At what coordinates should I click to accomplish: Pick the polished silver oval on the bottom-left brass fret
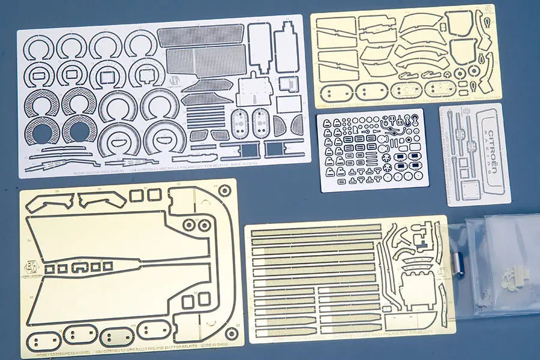click(x=116, y=336)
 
